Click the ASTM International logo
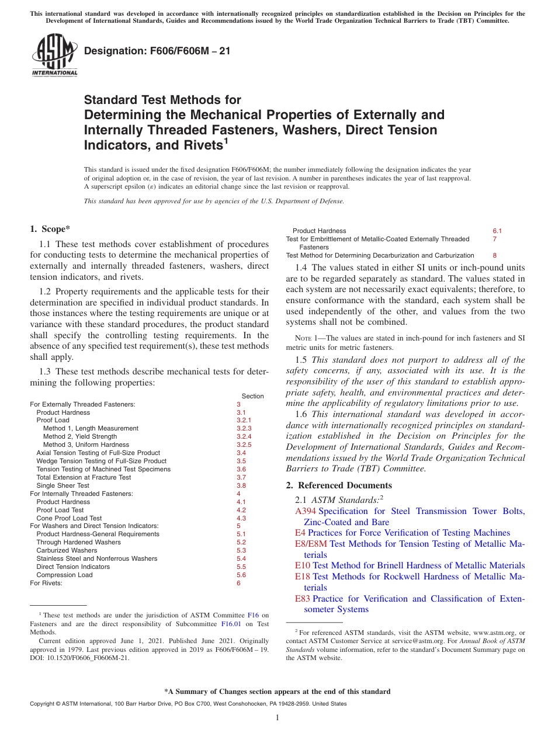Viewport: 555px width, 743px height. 54,55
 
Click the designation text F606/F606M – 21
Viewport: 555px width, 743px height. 157,51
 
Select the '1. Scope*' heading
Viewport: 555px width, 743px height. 50,229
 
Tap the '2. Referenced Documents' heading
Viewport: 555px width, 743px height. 339,485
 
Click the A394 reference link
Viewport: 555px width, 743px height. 306,512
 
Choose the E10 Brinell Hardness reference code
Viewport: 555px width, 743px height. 302,565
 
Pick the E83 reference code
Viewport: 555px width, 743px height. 303,599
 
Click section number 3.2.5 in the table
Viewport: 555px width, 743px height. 244,445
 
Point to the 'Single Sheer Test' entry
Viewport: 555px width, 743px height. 63,485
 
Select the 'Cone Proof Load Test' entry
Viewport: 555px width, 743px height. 69,518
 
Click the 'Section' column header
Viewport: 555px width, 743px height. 252,396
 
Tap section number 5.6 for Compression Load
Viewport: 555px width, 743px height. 241,575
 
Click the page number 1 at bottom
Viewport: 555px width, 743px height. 277,718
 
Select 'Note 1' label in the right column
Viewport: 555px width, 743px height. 299,338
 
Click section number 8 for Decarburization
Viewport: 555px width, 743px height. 494,255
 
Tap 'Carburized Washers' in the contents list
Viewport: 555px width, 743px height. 67,550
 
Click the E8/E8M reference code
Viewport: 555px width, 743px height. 311,544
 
